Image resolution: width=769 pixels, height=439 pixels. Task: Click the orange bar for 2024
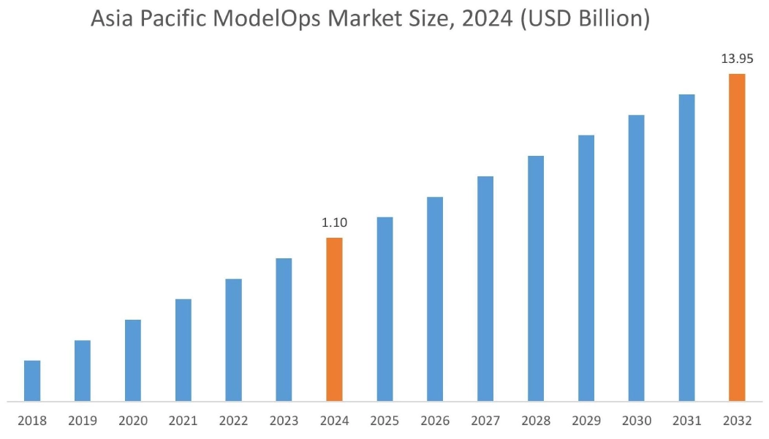point(334,319)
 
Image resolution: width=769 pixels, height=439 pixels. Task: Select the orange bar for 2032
point(737,237)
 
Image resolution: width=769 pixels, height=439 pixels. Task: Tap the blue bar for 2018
point(32,380)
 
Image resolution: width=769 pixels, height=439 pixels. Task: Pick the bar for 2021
point(183,350)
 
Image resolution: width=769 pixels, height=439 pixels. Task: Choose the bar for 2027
point(485,288)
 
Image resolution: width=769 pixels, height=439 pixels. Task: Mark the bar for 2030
point(636,258)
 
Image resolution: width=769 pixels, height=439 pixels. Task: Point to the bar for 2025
point(384,309)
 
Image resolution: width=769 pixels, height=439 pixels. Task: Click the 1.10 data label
point(334,222)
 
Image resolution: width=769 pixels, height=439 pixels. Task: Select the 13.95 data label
point(737,59)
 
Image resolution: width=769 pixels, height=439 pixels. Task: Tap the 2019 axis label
point(83,421)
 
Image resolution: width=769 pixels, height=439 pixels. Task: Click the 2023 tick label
point(284,421)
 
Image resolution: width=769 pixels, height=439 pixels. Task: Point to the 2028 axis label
point(536,421)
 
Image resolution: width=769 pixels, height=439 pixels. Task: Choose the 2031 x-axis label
point(686,421)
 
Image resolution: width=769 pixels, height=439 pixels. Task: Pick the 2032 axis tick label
point(737,421)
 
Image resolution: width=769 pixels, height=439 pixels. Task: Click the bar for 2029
point(586,268)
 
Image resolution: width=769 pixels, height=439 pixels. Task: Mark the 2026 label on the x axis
point(435,421)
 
